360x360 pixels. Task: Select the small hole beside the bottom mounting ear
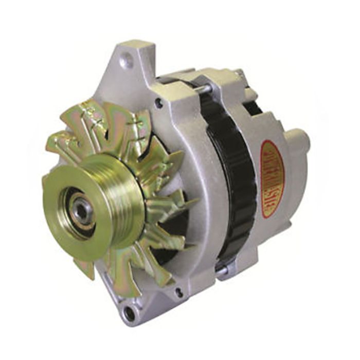point(178,293)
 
